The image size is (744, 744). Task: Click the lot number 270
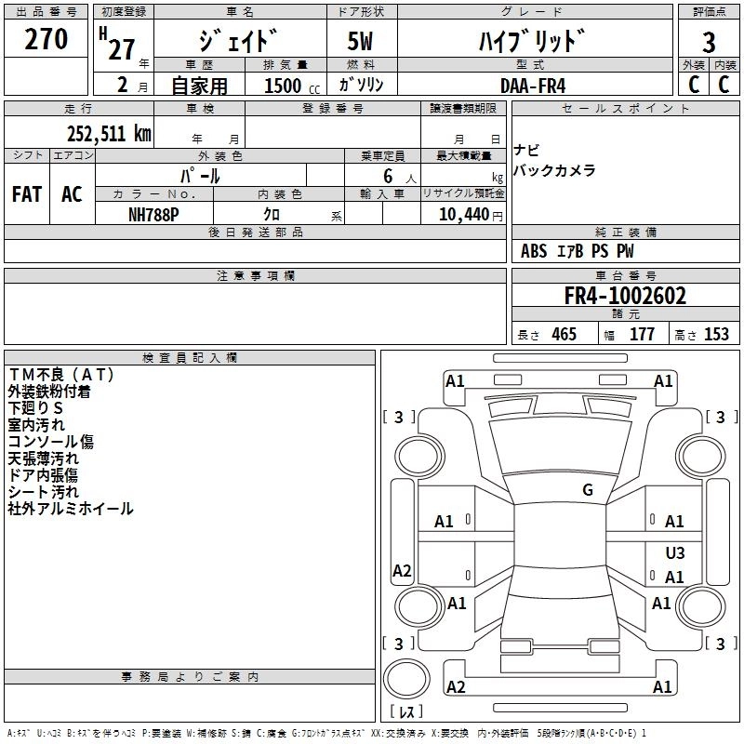pos(46,39)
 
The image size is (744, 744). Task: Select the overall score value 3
pos(709,43)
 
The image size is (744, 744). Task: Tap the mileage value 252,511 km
pos(109,134)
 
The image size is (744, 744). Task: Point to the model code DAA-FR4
pos(533,86)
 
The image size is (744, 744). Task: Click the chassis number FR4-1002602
pos(625,296)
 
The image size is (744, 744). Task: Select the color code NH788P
pos(153,215)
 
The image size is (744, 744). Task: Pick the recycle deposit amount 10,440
pos(463,215)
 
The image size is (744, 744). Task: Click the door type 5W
pos(360,41)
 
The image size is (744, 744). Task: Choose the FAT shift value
pos(27,194)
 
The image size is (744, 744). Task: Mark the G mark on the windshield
pos(588,490)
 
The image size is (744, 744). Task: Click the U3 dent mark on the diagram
pos(675,552)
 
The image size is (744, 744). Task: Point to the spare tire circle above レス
pos(406,679)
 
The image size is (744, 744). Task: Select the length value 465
pos(564,334)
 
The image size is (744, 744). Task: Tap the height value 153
pos(716,334)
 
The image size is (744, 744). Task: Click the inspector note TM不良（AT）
pos(61,375)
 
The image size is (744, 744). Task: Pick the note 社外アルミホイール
pos(71,509)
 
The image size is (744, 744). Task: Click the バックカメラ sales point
pos(554,170)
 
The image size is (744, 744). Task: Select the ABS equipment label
pos(534,251)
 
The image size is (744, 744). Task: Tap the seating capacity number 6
pos(388,176)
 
